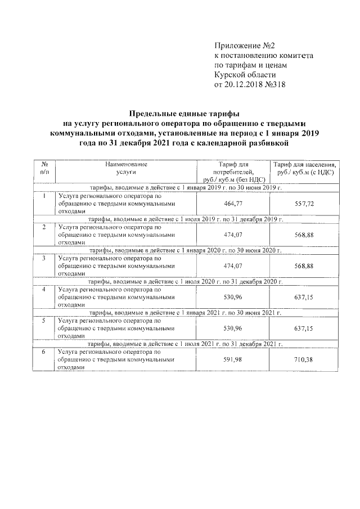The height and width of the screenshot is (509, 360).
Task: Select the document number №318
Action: (273, 85)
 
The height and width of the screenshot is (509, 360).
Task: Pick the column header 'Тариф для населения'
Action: (304, 168)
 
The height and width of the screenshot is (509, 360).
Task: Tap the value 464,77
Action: (233, 202)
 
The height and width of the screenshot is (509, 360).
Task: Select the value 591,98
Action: (233, 358)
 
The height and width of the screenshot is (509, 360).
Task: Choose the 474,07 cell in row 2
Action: (233, 233)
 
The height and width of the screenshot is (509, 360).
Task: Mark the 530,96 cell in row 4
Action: (233, 296)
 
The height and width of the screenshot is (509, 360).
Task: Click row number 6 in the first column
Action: (44, 352)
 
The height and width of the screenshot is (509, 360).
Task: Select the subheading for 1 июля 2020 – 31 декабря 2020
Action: (185, 280)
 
